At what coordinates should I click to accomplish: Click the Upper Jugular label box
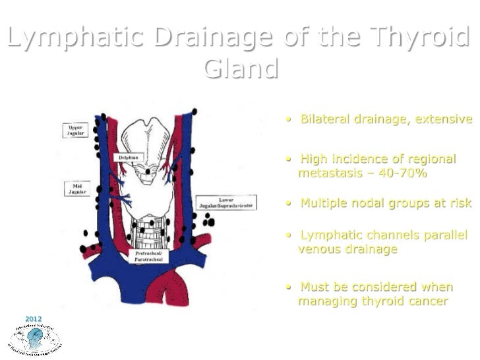pyautogui.click(x=76, y=129)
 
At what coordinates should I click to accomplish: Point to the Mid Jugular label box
pyautogui.click(x=76, y=190)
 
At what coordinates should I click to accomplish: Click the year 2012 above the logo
pyautogui.click(x=33, y=319)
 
